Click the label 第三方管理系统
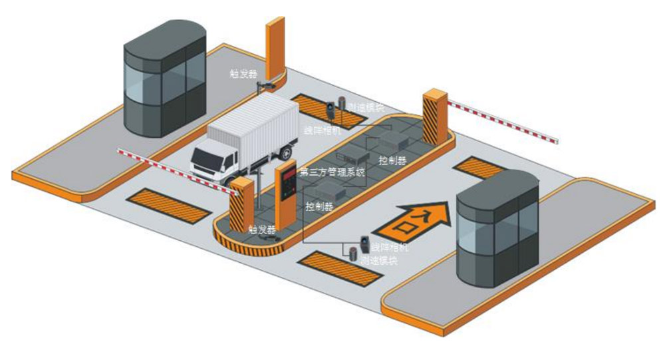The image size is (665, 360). pos(332,172)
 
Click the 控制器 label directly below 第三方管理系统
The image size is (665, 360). pos(319,206)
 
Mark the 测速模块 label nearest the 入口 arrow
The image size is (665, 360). pos(378,261)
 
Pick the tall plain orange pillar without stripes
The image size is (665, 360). pos(275,49)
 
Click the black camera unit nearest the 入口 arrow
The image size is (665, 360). pos(364,246)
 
